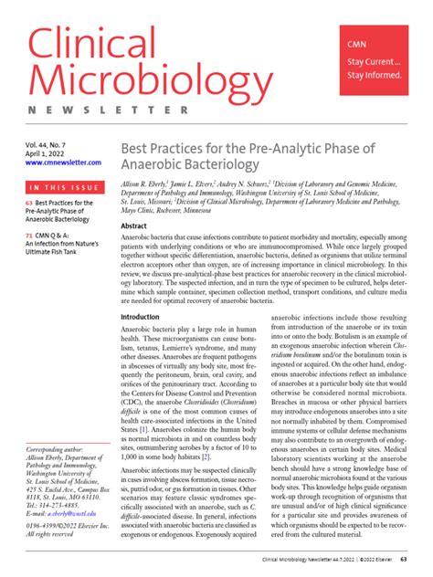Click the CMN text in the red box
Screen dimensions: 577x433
(x=357, y=44)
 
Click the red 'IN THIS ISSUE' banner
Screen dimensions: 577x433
(x=64, y=188)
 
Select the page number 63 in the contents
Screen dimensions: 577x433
(x=29, y=202)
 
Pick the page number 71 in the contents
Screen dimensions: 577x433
(x=29, y=236)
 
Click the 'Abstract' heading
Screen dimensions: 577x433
(x=134, y=225)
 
